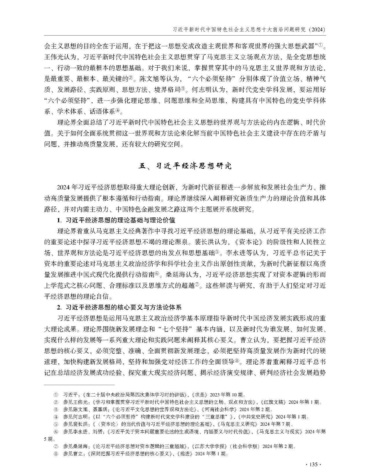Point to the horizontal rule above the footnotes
click(x=79, y=385)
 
